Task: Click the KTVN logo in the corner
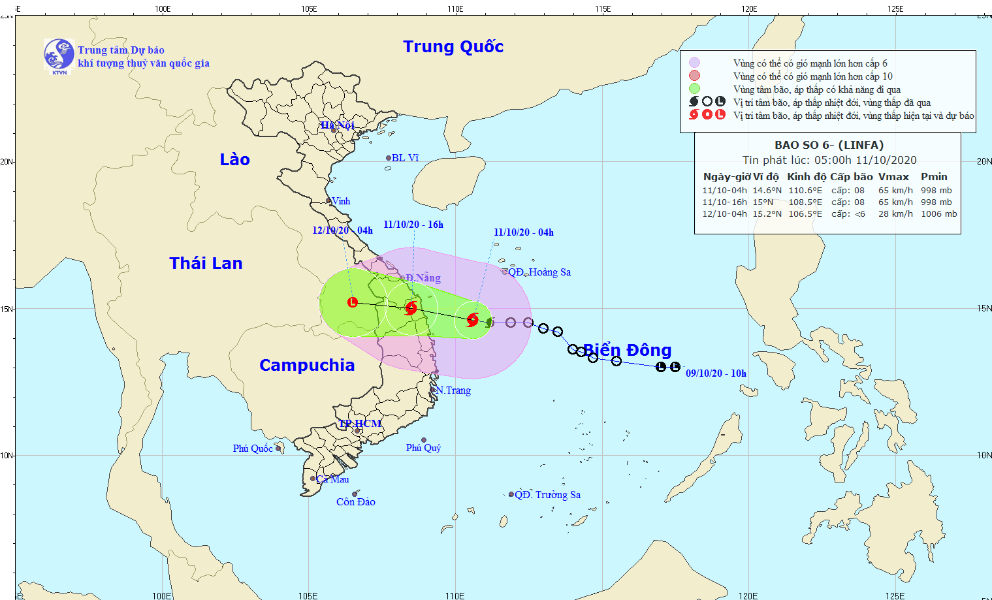[x=59, y=54]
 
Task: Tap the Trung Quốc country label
[x=453, y=46]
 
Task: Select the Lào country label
[x=234, y=159]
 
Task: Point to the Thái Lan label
[x=206, y=263]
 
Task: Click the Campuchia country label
[x=307, y=365]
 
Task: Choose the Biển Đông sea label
[x=627, y=350]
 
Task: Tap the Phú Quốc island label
[x=253, y=449]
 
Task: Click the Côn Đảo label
[x=356, y=502]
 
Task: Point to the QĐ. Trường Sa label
[x=547, y=495]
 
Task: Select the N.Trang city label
[x=453, y=390]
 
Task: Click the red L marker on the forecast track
[x=353, y=302]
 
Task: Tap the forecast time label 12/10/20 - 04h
[x=342, y=230]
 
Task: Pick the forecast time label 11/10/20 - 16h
[x=413, y=225]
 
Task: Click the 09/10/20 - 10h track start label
[x=716, y=373]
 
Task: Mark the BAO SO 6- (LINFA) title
[x=829, y=145]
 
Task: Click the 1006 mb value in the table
[x=938, y=214]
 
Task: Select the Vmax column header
[x=893, y=177]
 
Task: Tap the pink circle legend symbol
[x=694, y=76]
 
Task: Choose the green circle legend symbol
[x=694, y=89]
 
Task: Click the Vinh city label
[x=341, y=201]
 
